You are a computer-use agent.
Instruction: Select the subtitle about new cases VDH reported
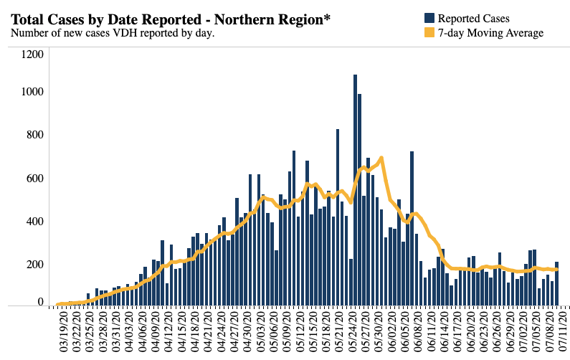coord(113,33)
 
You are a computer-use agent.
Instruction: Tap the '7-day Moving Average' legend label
coord(491,32)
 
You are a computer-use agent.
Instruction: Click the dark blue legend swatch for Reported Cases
coord(429,18)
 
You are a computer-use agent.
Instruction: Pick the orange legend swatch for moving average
coord(429,32)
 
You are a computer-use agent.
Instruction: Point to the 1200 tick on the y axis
coord(32,54)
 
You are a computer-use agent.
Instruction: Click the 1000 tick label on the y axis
coord(32,92)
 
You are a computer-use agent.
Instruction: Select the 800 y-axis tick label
coord(34,135)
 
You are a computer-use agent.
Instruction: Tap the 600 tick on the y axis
coord(34,178)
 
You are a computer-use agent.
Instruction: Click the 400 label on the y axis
coord(34,221)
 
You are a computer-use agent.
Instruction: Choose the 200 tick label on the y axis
coord(34,264)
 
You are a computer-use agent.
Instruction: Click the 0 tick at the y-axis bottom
coord(42,302)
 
